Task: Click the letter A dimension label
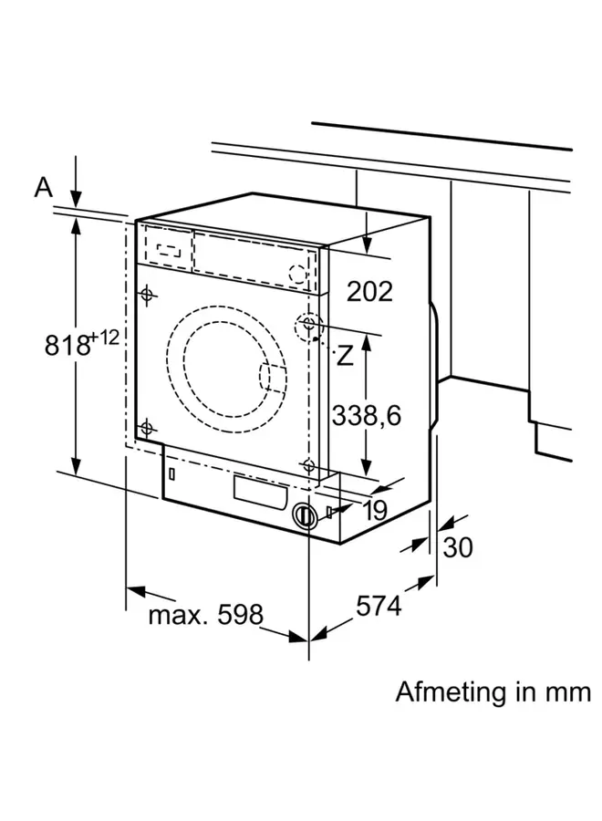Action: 44,187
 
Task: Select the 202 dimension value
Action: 368,291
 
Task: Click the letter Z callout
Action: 343,356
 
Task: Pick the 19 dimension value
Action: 373,510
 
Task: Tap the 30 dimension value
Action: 459,548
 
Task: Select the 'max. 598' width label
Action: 205,614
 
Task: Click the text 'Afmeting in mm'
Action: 493,691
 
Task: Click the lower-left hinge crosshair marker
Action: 146,427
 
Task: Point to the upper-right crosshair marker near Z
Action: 309,324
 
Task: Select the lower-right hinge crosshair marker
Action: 309,466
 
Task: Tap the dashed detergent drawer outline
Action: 170,248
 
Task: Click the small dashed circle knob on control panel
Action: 298,273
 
